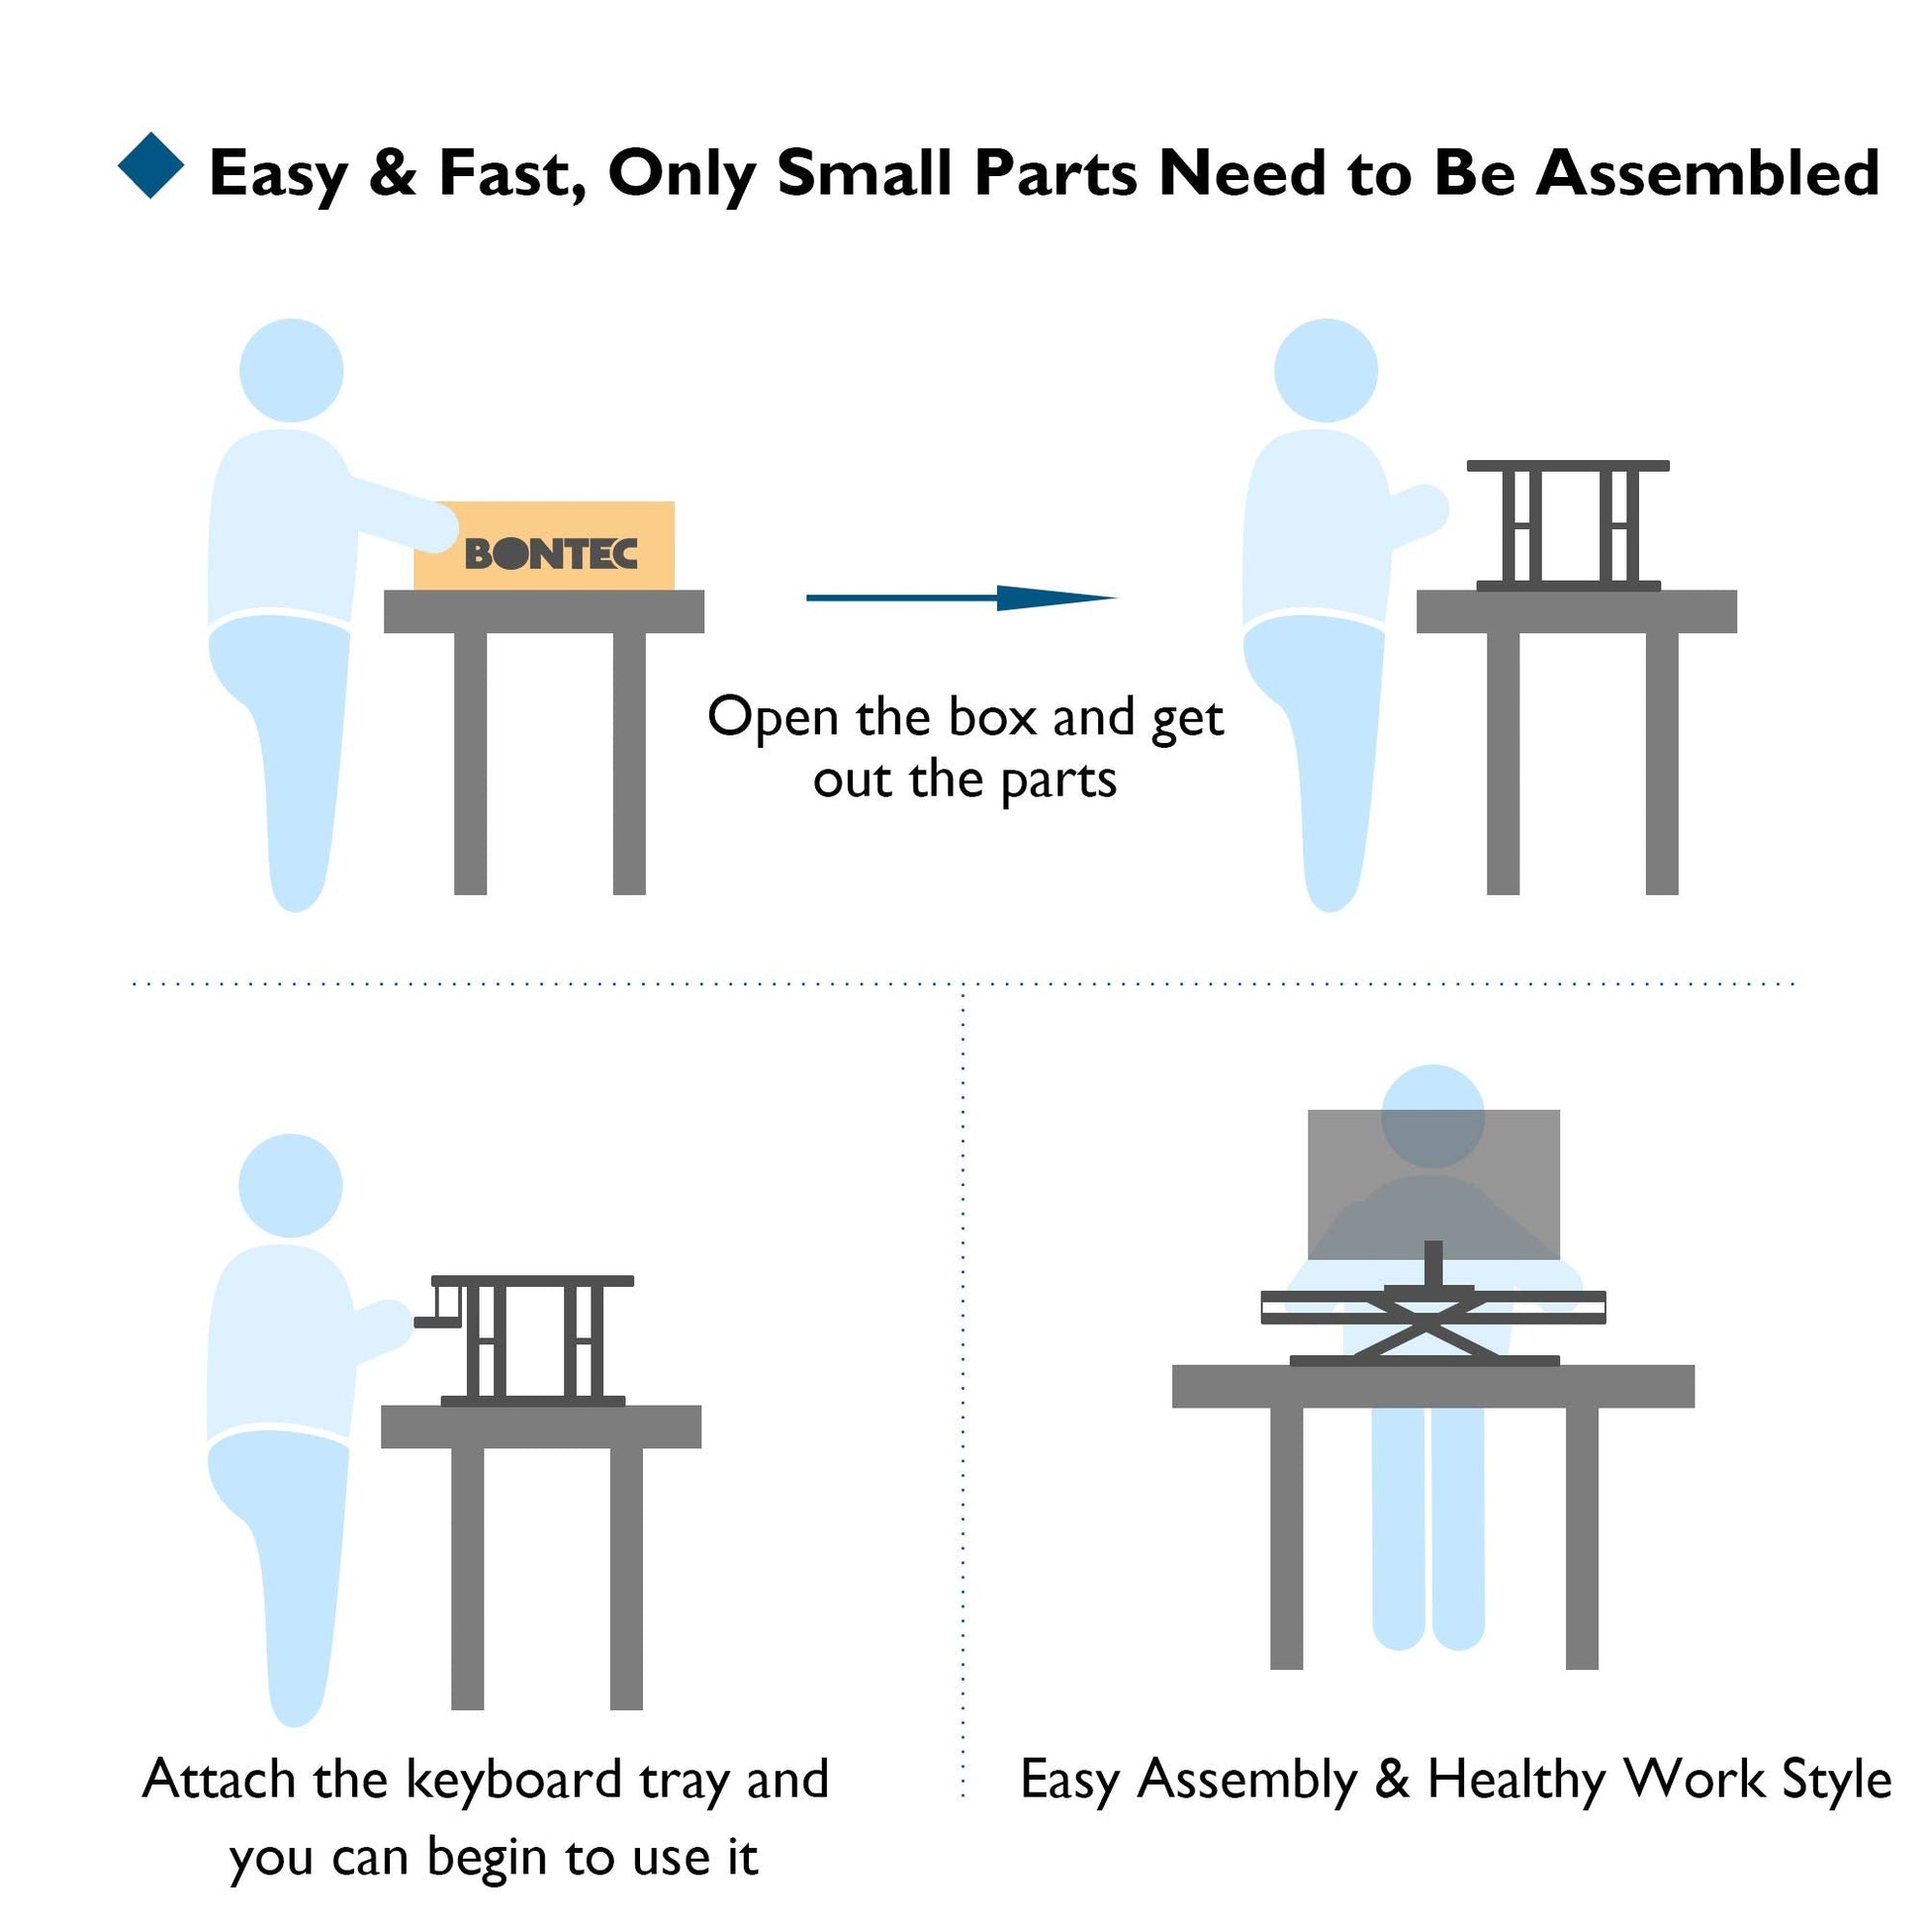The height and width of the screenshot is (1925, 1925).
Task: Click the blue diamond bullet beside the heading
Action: point(150,165)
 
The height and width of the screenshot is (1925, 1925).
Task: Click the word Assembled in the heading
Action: point(1706,172)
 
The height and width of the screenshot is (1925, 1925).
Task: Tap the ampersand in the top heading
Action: point(393,172)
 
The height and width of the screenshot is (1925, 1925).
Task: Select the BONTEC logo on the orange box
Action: point(551,553)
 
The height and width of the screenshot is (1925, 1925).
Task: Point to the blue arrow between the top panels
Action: point(962,597)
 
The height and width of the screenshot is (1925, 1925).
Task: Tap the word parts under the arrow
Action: point(1058,780)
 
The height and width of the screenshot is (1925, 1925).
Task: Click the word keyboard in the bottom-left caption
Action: point(513,1780)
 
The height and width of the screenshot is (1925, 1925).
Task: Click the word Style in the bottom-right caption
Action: point(1836,1780)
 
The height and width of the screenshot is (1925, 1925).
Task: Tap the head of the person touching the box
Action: point(292,371)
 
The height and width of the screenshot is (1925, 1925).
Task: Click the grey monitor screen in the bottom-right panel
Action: point(1433,1184)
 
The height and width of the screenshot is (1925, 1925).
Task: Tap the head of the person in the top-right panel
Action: point(1327,371)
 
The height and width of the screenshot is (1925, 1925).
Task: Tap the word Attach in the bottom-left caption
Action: point(220,1780)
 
